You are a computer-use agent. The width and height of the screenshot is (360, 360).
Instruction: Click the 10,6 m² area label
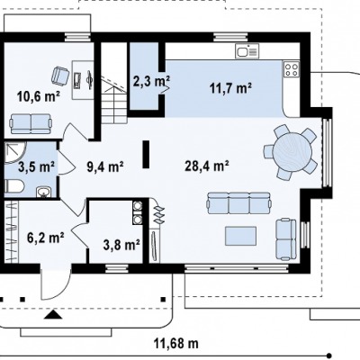click(x=39, y=96)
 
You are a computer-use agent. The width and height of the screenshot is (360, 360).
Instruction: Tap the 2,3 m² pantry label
click(x=151, y=81)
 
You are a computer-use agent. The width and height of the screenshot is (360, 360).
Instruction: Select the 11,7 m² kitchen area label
click(x=230, y=88)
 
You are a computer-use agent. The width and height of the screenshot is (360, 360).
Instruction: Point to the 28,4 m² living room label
click(x=207, y=166)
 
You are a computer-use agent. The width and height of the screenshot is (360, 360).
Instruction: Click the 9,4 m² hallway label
click(x=105, y=166)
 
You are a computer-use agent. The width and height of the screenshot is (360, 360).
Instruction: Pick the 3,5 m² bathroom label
click(x=36, y=166)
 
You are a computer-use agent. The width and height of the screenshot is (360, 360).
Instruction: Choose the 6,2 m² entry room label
click(x=45, y=238)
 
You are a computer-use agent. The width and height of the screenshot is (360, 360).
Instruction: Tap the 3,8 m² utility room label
click(x=121, y=245)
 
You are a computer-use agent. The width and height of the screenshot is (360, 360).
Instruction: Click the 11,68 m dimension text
click(x=176, y=343)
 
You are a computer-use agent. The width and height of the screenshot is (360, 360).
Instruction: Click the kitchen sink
click(x=247, y=50)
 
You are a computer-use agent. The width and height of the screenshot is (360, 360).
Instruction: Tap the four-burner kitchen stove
click(x=292, y=69)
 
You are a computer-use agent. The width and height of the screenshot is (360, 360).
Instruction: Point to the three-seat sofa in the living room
click(x=239, y=203)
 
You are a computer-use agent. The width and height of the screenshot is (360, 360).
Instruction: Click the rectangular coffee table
click(x=241, y=236)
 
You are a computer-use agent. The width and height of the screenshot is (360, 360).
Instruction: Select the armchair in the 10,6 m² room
click(x=60, y=76)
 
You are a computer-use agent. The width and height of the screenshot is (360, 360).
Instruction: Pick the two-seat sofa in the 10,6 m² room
click(x=31, y=123)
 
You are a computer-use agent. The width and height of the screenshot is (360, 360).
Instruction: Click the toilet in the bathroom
click(x=14, y=187)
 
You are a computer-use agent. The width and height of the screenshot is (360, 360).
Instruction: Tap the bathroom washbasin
click(x=44, y=192)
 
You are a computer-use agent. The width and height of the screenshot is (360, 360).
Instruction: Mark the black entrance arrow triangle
click(x=53, y=314)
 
